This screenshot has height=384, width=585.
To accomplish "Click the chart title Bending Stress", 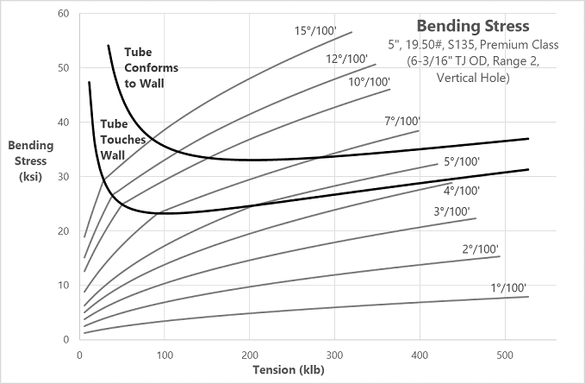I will (473, 26).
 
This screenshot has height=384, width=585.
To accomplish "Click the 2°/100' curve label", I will (478, 249).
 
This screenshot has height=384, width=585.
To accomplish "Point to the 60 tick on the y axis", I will (62, 15).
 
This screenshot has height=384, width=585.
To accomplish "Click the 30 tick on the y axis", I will (62, 177).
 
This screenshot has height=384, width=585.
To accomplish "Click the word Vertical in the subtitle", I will (463, 77).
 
